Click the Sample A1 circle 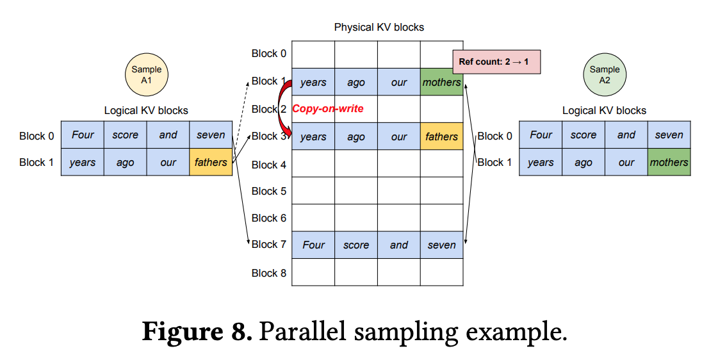[147, 75]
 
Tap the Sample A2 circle [605, 75]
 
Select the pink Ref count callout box [496, 61]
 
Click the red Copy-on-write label [328, 109]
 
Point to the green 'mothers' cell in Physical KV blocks [442, 82]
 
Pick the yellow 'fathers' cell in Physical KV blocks [442, 136]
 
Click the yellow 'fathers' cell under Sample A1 [211, 162]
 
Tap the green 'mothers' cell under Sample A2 [669, 162]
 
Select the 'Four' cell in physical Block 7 [313, 245]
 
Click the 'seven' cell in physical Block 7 [442, 245]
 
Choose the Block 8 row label [269, 273]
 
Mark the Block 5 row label [269, 192]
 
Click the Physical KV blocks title [379, 27]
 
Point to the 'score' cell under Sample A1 [125, 135]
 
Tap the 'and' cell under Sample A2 [626, 135]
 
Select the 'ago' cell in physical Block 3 [356, 136]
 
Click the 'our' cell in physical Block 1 [399, 82]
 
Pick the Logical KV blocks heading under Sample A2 [605, 111]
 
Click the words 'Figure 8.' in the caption [197, 332]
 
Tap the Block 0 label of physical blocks [269, 54]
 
